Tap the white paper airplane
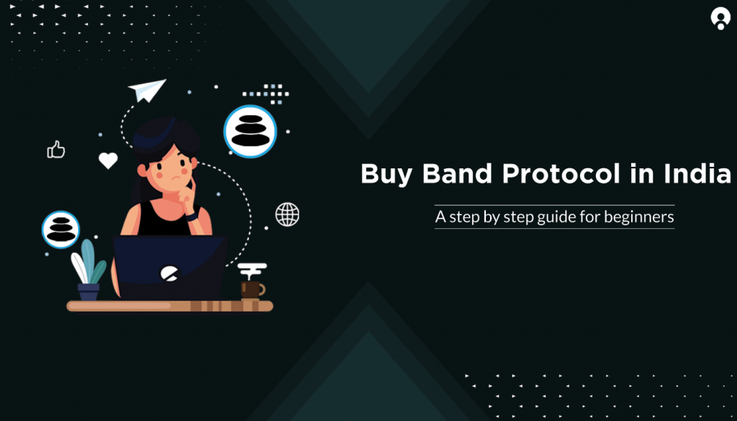[x=147, y=90]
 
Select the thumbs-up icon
[x=56, y=150]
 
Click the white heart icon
[x=108, y=160]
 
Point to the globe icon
[x=287, y=214]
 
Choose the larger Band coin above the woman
[x=250, y=131]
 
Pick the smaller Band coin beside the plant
[x=60, y=230]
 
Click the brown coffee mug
[x=251, y=290]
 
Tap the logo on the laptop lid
[x=169, y=273]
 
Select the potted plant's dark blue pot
[x=89, y=291]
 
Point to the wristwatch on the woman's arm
[x=191, y=217]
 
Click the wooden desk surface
[x=170, y=306]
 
